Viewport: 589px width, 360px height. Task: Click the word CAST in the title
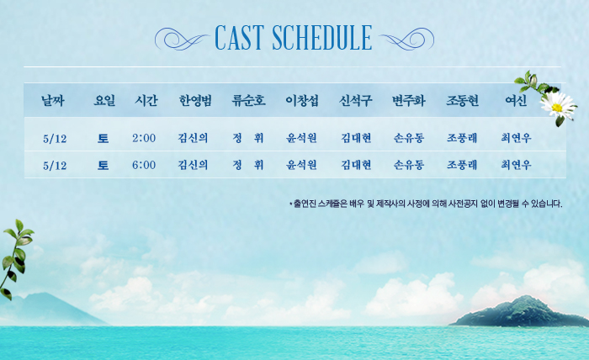[239, 38]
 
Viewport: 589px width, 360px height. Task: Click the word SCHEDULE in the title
[322, 38]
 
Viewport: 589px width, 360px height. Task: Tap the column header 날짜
[53, 101]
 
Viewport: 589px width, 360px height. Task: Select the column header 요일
[104, 101]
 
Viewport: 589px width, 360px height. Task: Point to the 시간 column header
[146, 101]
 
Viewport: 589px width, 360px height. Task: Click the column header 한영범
[195, 101]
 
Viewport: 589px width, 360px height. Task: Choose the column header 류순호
[249, 101]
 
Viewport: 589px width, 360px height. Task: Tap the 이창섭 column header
[302, 101]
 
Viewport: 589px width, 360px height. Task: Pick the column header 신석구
[355, 101]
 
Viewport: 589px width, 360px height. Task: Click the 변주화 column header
[409, 101]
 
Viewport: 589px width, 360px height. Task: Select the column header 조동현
[462, 101]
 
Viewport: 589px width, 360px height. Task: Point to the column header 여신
[516, 101]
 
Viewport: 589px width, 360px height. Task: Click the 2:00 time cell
[144, 138]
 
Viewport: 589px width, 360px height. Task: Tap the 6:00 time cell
[144, 165]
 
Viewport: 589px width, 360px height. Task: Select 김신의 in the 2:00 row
[193, 138]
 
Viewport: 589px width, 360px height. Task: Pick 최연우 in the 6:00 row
[516, 164]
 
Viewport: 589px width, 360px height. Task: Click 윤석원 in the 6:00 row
[301, 164]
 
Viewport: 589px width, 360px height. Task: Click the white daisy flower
[558, 106]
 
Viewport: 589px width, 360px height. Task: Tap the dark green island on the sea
[520, 312]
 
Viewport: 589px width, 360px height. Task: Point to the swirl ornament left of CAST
[183, 39]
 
